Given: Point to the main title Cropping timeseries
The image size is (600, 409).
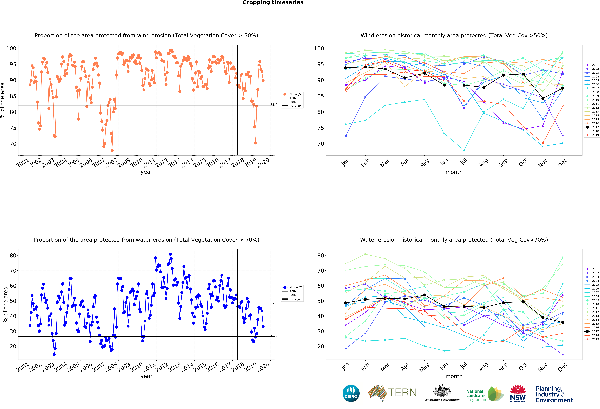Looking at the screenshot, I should click(273, 3).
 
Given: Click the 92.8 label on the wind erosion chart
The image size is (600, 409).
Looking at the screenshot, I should click(274, 70).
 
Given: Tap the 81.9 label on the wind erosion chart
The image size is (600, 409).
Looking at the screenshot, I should click(274, 105).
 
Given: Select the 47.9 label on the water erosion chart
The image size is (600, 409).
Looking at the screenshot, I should click(274, 303).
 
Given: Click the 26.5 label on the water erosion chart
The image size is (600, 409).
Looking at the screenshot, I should click(274, 335).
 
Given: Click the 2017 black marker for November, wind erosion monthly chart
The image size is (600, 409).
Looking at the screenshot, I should click(543, 98).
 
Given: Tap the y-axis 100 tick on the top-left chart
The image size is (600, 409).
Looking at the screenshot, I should click(11, 48).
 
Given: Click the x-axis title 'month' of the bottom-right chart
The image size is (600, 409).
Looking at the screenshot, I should click(454, 376).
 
